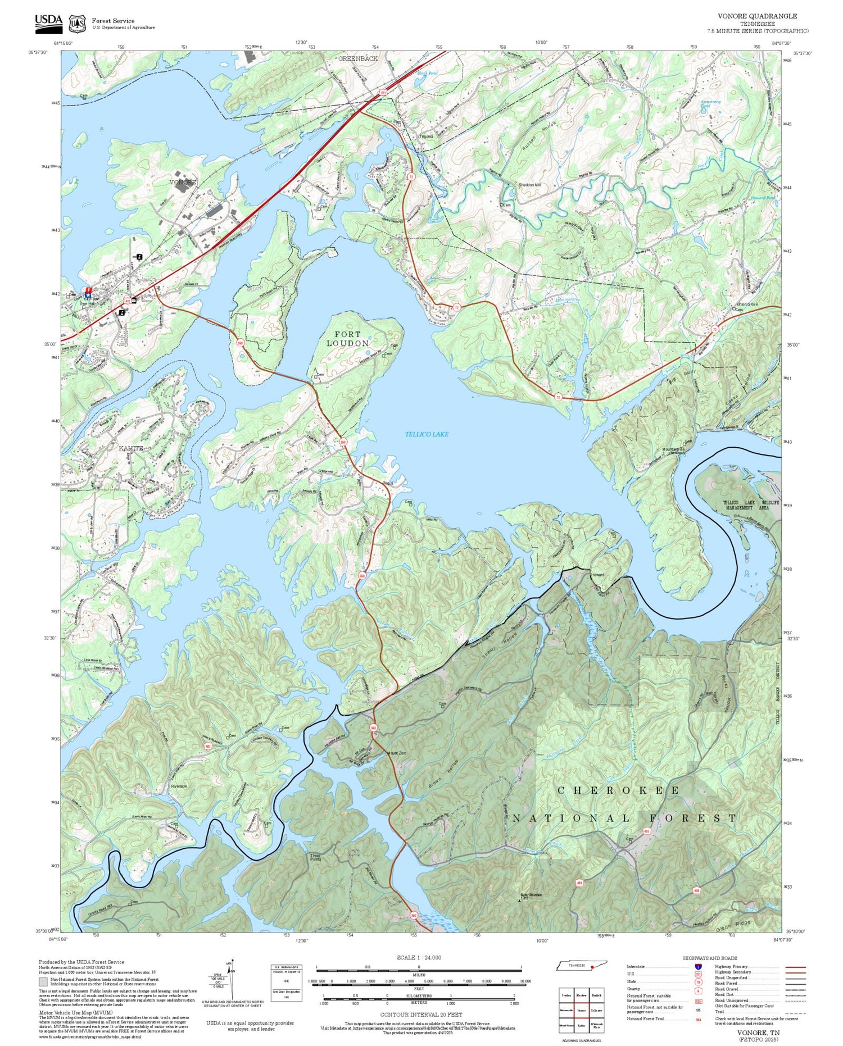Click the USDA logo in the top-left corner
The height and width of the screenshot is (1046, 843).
(x=48, y=22)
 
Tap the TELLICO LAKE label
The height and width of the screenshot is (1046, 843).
(x=427, y=434)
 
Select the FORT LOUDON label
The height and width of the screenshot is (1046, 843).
(x=348, y=339)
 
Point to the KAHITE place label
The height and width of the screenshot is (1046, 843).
(x=130, y=448)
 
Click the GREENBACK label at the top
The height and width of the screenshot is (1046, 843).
(x=358, y=58)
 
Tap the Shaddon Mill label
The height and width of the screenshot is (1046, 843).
(x=529, y=185)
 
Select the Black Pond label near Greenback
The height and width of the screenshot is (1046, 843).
(x=427, y=74)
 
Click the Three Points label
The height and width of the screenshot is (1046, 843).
(x=315, y=857)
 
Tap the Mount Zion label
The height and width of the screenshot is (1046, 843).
(x=396, y=753)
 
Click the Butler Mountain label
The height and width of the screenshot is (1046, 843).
(x=531, y=895)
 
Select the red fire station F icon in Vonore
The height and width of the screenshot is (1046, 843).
(x=88, y=290)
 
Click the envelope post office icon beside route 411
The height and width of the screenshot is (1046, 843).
(x=134, y=300)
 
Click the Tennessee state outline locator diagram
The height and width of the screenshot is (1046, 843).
(x=581, y=965)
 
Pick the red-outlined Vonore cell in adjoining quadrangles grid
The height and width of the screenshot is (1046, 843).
(x=581, y=1010)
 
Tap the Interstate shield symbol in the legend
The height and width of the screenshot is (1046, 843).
(x=699, y=967)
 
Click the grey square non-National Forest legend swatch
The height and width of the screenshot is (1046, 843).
(x=43, y=982)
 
